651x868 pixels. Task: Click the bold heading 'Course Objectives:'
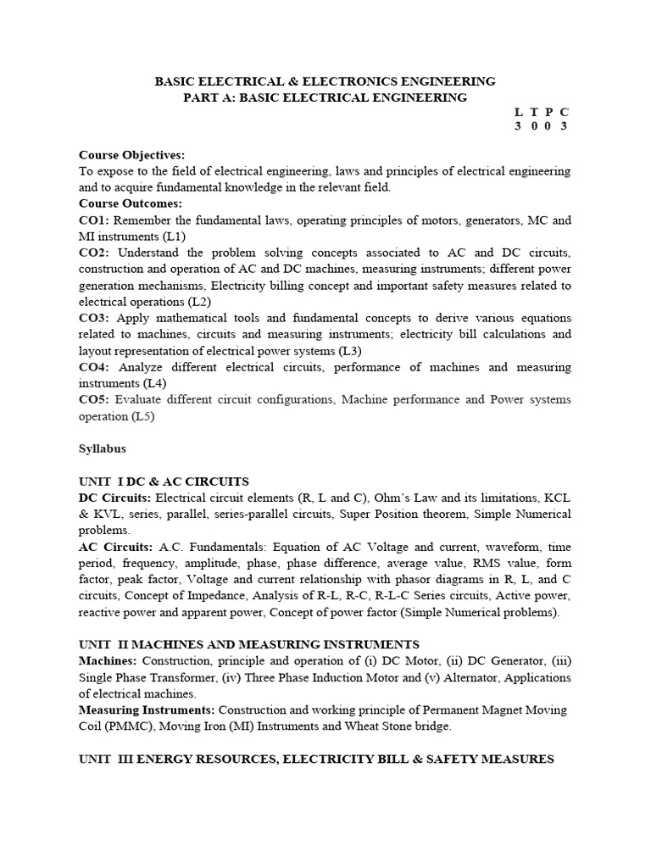click(x=131, y=155)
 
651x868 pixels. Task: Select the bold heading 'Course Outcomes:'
click(x=130, y=204)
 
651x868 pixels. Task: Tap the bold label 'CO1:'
click(x=95, y=220)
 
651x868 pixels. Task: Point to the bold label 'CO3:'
click(x=95, y=318)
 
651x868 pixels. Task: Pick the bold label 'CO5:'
click(x=95, y=399)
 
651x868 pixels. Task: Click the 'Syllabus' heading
click(x=103, y=449)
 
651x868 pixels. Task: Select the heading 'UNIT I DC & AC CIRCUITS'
click(x=164, y=481)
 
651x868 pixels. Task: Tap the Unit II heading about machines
click(x=248, y=645)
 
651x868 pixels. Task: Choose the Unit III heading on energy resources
click(x=316, y=759)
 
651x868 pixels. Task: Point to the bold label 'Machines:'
click(x=108, y=661)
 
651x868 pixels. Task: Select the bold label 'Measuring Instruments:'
click(x=147, y=709)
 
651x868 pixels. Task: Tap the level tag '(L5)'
click(x=143, y=416)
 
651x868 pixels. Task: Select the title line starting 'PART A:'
click(x=325, y=97)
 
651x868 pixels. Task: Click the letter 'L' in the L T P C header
click(x=520, y=112)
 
